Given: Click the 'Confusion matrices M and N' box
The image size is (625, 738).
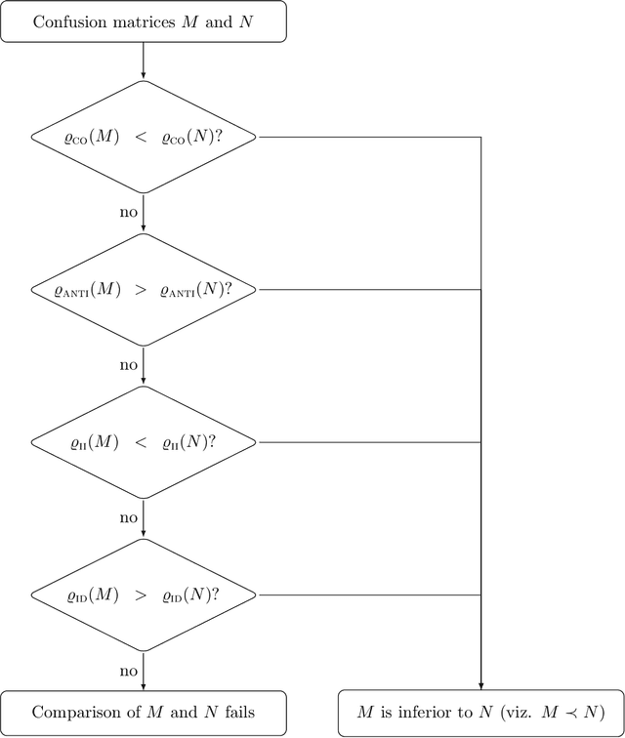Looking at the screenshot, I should click(x=144, y=21).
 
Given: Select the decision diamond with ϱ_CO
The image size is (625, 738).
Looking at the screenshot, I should click(x=144, y=137).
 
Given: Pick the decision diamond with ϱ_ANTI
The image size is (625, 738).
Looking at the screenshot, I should click(x=144, y=290).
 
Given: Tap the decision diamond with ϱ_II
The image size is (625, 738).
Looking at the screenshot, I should click(x=144, y=442).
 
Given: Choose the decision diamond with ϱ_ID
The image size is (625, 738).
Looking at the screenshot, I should click(x=144, y=595).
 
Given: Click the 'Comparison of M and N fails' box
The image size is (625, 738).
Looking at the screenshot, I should click(x=144, y=713).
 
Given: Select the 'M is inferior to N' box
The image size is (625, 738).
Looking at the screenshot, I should click(x=480, y=713).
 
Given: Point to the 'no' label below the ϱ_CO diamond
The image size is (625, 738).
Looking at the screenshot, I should click(x=129, y=212).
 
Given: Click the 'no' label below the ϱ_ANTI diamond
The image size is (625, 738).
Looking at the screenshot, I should click(x=129, y=365).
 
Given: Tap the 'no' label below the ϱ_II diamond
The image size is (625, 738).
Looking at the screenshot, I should click(x=129, y=517).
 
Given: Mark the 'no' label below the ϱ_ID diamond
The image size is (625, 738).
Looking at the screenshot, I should click(x=129, y=671).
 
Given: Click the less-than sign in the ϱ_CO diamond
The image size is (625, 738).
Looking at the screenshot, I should click(x=141, y=138).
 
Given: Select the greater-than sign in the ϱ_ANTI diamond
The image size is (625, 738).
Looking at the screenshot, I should click(x=140, y=290).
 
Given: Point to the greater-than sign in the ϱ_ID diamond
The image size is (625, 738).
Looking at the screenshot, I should click(x=140, y=595).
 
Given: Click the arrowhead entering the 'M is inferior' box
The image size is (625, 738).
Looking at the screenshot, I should click(x=480, y=685).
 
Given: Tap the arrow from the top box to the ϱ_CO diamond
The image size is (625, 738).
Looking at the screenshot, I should click(x=144, y=61).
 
